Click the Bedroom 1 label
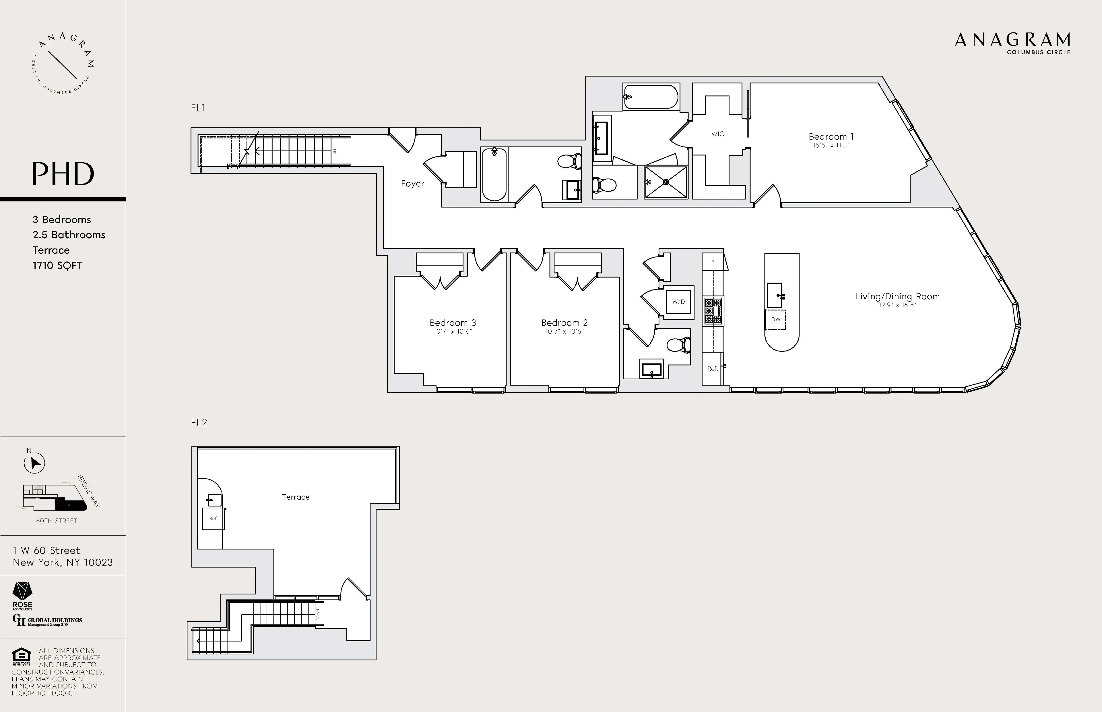(831, 136)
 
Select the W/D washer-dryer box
(678, 302)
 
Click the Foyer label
(412, 183)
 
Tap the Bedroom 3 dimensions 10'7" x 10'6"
(452, 332)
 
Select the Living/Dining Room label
(897, 296)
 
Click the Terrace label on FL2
(296, 497)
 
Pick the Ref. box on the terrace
(213, 519)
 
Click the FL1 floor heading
(198, 108)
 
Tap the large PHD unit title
(63, 174)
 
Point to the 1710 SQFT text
(57, 265)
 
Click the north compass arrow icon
(34, 463)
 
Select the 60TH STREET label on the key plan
(57, 521)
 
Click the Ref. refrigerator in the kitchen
(712, 369)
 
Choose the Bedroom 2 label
(564, 323)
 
